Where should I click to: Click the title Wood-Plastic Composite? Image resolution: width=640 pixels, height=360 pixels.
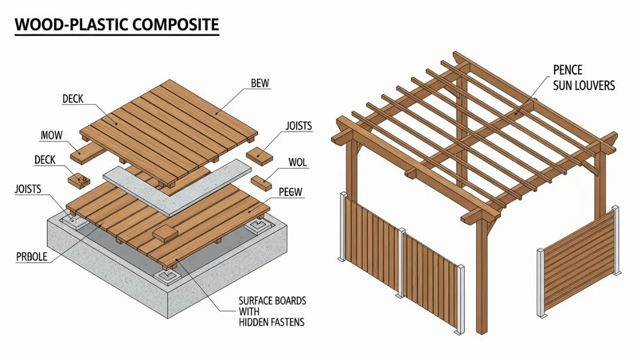click(x=116, y=25)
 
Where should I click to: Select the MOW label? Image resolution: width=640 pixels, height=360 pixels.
click(x=52, y=136)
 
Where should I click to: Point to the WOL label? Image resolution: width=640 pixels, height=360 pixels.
click(x=297, y=163)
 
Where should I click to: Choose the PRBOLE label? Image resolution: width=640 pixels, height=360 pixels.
click(x=31, y=257)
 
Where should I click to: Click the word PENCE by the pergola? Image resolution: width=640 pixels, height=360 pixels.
click(x=567, y=70)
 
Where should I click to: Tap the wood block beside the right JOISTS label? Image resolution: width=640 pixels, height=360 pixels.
click(x=260, y=155)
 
